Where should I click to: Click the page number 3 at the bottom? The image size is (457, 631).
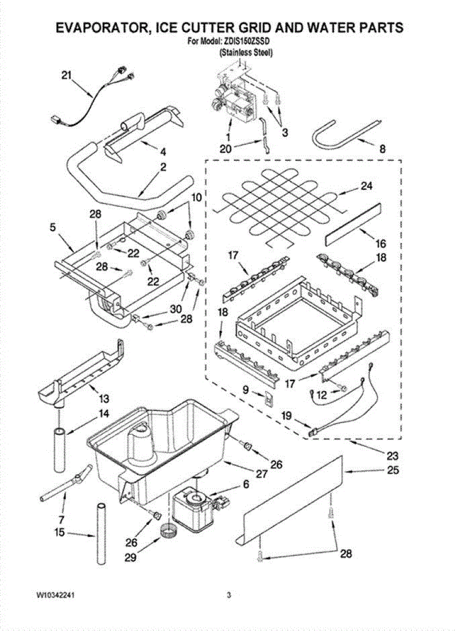pos(228,595)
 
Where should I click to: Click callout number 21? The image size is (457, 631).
pos(66,75)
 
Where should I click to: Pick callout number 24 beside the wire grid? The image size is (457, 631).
pos(366,186)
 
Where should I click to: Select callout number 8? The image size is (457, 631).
pos(383,149)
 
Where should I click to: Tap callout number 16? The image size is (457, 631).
pos(381,243)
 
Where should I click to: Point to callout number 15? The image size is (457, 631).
pos(60,533)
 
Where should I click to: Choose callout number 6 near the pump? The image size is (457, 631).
pos(245,486)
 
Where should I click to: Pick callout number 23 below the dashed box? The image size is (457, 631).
pos(392,455)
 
